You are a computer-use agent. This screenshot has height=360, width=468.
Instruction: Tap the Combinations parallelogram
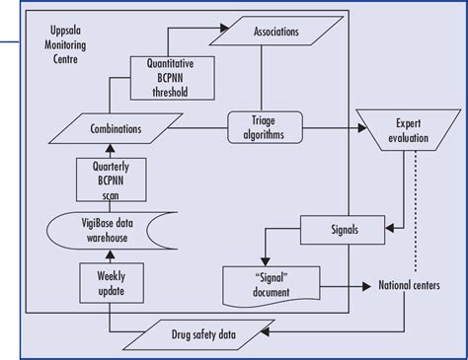[101, 128]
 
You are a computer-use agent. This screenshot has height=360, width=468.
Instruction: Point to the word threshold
[160, 94]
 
